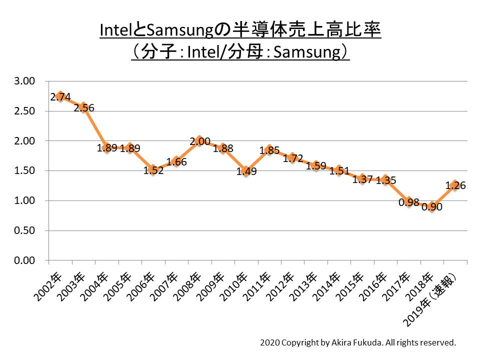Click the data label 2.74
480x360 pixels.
point(60,97)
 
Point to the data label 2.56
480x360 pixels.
point(84,108)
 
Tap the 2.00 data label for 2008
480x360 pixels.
point(200,142)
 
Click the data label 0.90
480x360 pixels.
point(432,207)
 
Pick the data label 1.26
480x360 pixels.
point(455,185)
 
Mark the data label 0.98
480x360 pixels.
point(409,202)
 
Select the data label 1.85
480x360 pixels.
point(269,150)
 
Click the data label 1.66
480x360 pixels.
point(176,161)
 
